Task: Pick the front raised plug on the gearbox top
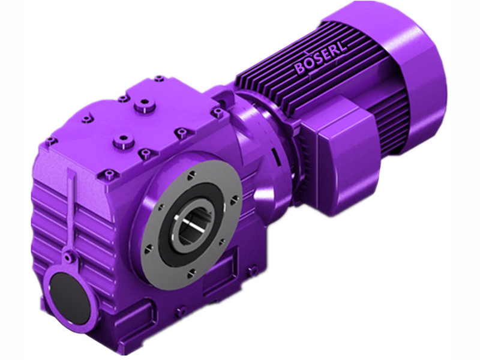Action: pos(124,142)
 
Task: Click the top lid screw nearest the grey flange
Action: pos(180,132)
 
